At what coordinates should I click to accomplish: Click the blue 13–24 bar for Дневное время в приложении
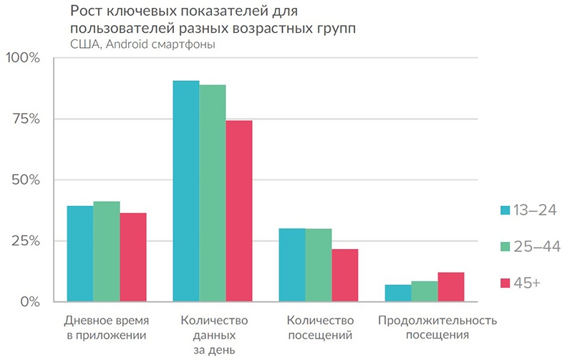click(79, 253)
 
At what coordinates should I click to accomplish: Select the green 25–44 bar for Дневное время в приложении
click(107, 251)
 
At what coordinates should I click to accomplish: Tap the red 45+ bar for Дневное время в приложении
click(133, 257)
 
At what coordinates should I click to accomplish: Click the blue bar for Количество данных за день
click(186, 191)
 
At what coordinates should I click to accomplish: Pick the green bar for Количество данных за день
click(213, 193)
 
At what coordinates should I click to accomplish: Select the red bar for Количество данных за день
click(239, 211)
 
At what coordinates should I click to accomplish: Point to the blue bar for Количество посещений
click(292, 265)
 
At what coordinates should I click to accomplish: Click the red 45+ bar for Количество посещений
click(345, 275)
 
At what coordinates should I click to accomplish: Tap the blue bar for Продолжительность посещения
click(398, 293)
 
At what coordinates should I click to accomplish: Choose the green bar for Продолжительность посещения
click(425, 291)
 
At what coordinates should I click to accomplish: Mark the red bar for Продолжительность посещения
click(451, 287)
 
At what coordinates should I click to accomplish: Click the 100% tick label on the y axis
click(23, 58)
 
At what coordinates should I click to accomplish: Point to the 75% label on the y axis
click(26, 119)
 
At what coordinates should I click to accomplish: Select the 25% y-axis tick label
click(26, 240)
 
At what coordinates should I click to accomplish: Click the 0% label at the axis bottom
click(29, 301)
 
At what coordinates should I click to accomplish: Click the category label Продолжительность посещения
click(437, 327)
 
